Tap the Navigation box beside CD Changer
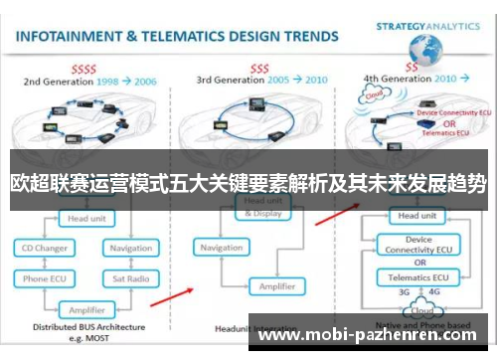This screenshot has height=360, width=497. (130, 248)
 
